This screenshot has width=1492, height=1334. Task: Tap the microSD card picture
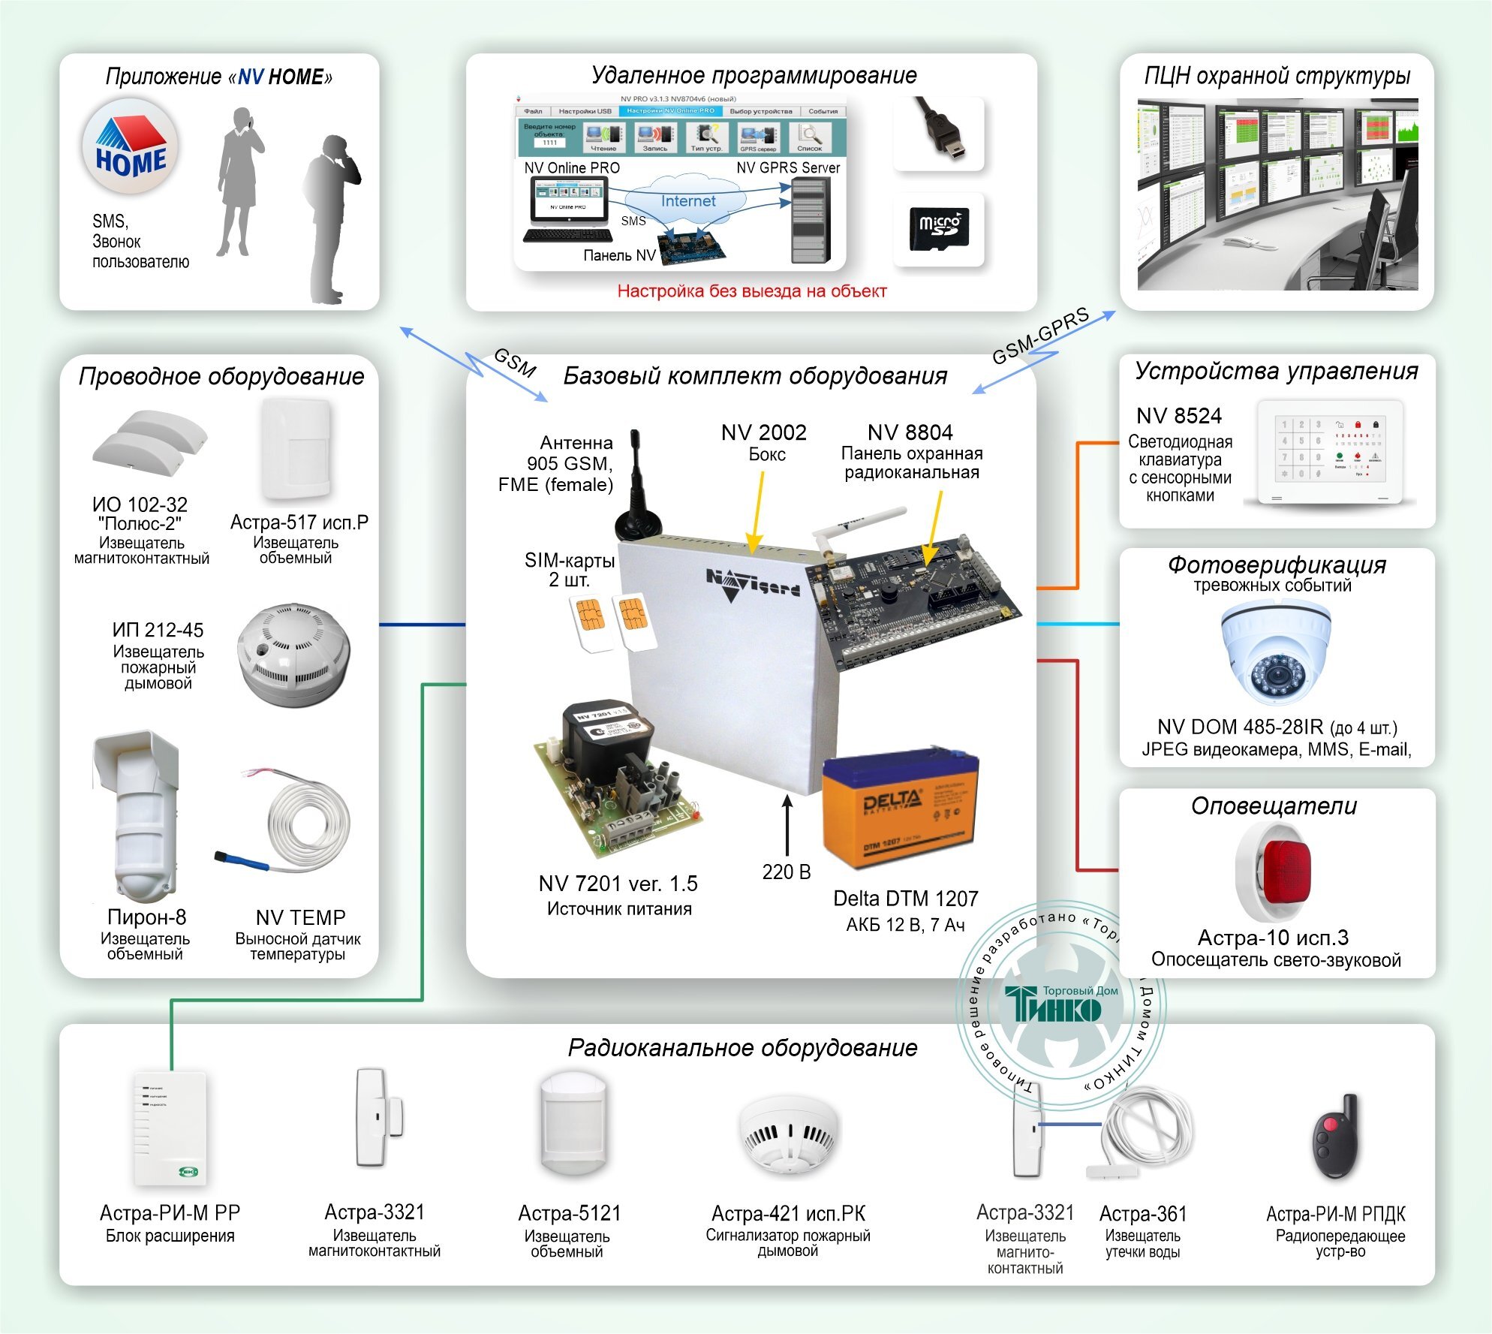[x=939, y=229]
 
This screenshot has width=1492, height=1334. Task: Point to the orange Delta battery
[x=901, y=812]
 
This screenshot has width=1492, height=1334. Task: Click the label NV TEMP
[x=300, y=917]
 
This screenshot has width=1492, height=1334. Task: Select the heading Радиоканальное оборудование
[x=742, y=1047]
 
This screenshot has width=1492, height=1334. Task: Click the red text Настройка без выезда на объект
[x=751, y=291]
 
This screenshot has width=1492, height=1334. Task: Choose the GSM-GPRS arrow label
[x=1040, y=336]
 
